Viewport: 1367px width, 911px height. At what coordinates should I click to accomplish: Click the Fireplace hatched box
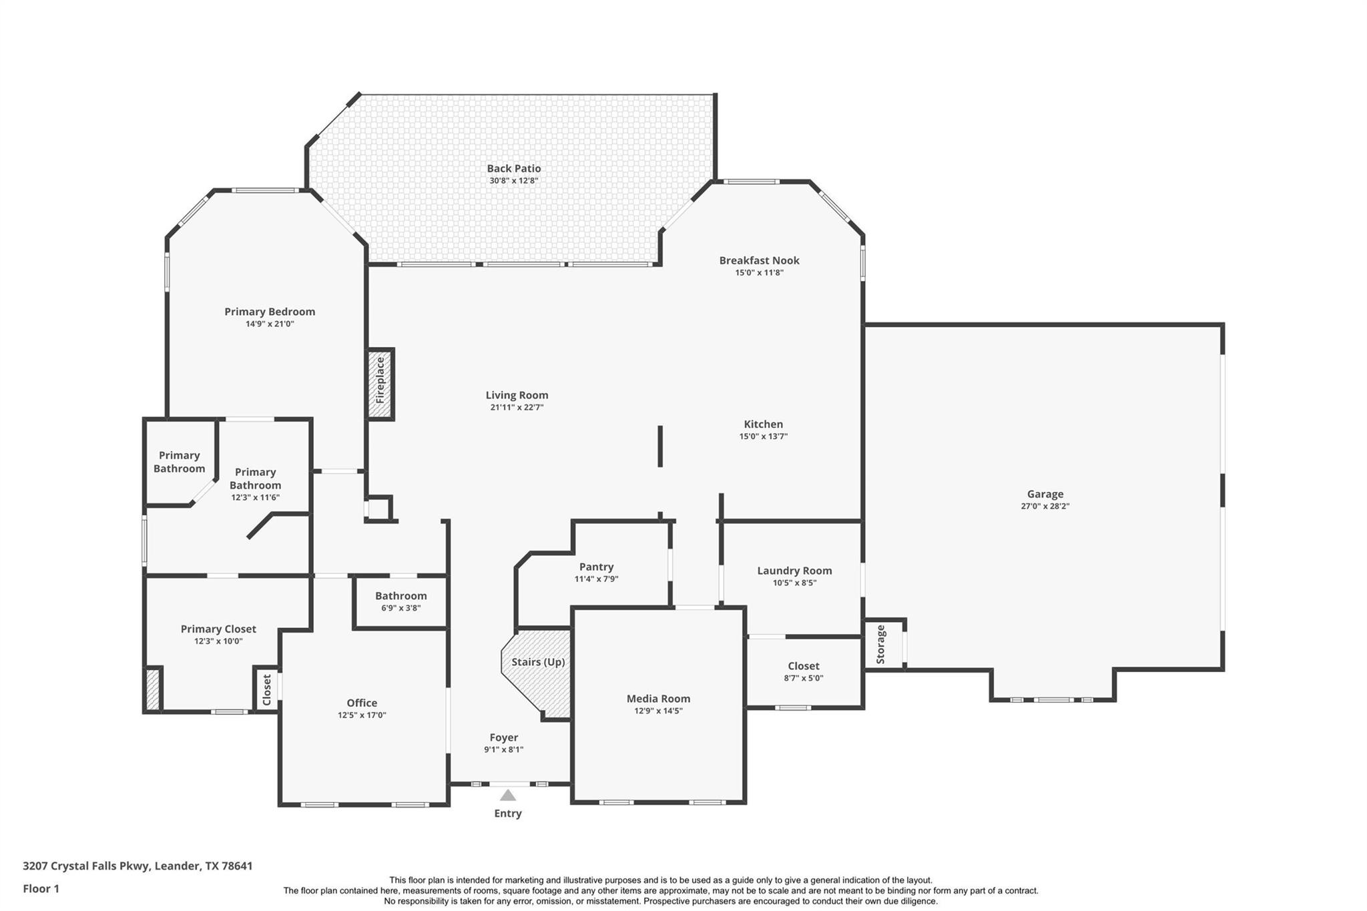click(380, 384)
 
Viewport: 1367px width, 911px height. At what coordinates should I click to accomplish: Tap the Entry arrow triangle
click(508, 795)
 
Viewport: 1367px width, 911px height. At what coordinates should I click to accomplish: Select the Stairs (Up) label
click(538, 662)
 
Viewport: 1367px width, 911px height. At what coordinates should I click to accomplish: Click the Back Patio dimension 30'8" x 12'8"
click(513, 181)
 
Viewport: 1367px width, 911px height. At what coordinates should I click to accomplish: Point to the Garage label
click(1045, 494)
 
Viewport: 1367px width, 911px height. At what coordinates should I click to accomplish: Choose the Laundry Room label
click(794, 571)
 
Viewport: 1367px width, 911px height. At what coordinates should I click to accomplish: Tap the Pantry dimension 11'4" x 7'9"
click(596, 579)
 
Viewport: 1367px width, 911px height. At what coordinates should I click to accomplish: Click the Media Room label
click(658, 699)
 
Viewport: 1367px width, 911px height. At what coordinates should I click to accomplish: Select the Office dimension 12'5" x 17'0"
click(362, 715)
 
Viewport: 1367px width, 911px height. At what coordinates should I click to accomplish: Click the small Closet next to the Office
click(267, 689)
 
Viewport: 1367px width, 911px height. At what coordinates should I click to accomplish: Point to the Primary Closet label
click(218, 629)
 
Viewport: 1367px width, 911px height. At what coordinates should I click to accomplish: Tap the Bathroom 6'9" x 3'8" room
click(400, 601)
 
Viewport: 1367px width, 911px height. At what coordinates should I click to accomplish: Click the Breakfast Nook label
click(759, 260)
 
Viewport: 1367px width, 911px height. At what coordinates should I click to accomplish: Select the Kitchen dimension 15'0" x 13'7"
click(763, 436)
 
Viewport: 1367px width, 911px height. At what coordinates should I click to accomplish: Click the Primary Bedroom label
click(270, 312)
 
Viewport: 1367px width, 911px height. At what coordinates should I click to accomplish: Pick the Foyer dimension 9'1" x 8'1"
click(503, 749)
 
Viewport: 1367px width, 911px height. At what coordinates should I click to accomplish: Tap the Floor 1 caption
click(41, 889)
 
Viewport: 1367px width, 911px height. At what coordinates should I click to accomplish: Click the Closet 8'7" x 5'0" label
click(803, 666)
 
